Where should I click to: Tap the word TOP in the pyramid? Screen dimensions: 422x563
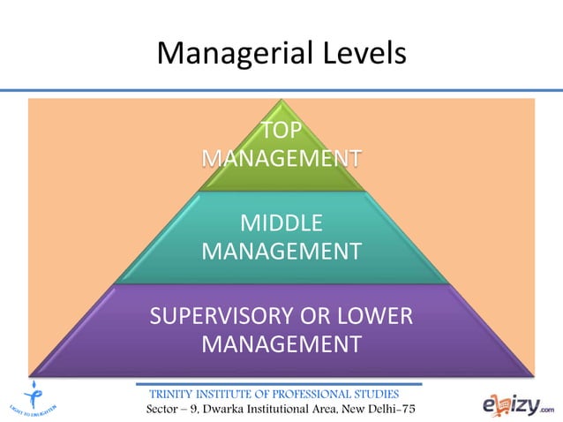point(281,132)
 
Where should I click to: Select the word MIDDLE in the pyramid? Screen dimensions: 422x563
point(281,223)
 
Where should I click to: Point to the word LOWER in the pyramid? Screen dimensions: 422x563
point(374,315)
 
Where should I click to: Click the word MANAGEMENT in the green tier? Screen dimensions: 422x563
point(281,159)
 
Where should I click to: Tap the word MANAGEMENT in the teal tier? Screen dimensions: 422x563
point(281,251)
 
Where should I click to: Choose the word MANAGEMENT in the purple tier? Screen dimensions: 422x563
point(281,343)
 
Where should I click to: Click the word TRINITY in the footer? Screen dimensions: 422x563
point(178,393)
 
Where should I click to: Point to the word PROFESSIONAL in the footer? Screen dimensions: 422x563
point(311,393)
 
